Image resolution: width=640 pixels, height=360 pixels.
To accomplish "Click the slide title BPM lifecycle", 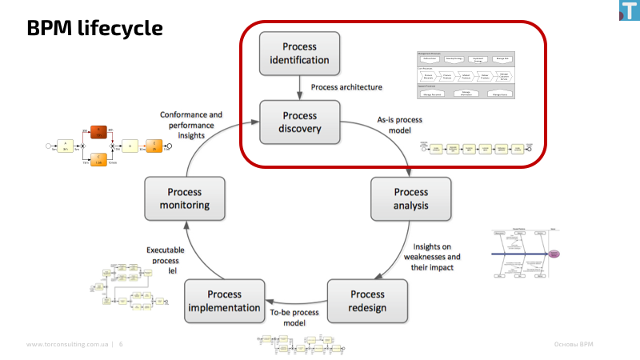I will tap(94, 29).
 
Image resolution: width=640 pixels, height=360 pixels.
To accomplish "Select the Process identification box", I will tap(299, 54).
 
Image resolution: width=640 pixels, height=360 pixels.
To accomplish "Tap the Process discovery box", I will tap(299, 122).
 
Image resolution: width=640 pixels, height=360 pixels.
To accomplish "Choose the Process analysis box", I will tap(410, 199).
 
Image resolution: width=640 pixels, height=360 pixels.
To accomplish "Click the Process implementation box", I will tap(224, 301).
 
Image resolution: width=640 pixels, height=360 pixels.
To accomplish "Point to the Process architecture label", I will tap(346, 86).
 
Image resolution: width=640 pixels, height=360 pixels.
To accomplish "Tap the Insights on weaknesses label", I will tap(431, 256).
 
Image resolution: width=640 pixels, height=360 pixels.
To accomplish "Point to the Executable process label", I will tap(165, 260).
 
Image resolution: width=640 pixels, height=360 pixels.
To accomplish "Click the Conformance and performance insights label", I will tap(191, 125).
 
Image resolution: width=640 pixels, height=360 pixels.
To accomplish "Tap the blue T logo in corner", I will tap(630, 10).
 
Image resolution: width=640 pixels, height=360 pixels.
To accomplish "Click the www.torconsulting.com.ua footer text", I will tap(67, 345).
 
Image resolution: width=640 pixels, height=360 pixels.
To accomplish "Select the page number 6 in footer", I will tap(121, 345).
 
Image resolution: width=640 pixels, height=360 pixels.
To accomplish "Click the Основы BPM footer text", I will tap(574, 345).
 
